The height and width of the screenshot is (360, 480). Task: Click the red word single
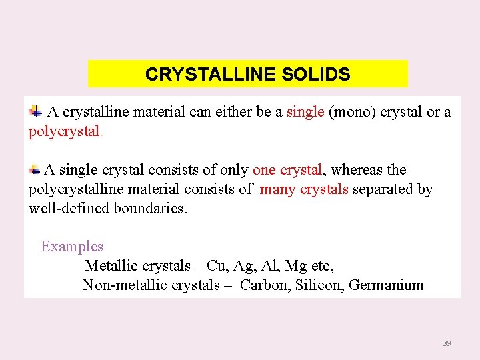coord(305,112)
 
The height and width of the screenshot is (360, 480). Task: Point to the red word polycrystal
coord(64,131)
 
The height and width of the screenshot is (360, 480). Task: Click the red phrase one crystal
coord(287,170)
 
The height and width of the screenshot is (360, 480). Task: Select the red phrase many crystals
coord(304,189)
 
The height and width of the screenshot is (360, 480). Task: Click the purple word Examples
coord(72,247)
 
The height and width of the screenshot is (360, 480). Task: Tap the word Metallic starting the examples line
coord(109,266)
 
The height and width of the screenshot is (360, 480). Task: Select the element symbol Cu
coord(216,266)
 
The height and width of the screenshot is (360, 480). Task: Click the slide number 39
coord(447,343)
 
